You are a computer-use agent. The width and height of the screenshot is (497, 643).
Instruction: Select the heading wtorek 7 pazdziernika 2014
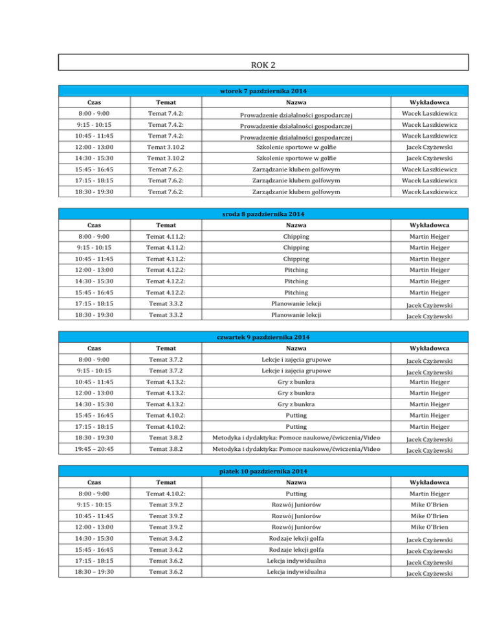pyautogui.click(x=263, y=91)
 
